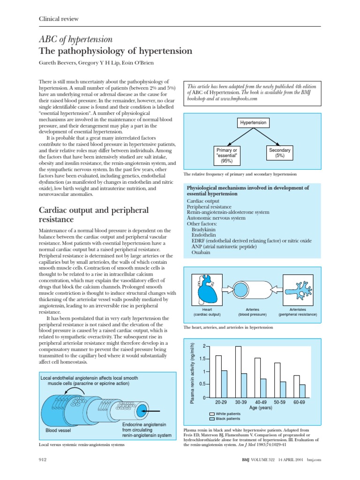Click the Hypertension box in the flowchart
point(253,123)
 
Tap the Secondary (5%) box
point(280,153)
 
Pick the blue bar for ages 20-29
point(224,384)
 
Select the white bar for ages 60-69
point(297,386)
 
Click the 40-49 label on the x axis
point(261,403)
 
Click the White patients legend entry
point(226,414)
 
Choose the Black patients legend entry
point(226,419)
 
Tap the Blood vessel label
point(57,430)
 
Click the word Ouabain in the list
point(201,252)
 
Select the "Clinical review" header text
point(58,19)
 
